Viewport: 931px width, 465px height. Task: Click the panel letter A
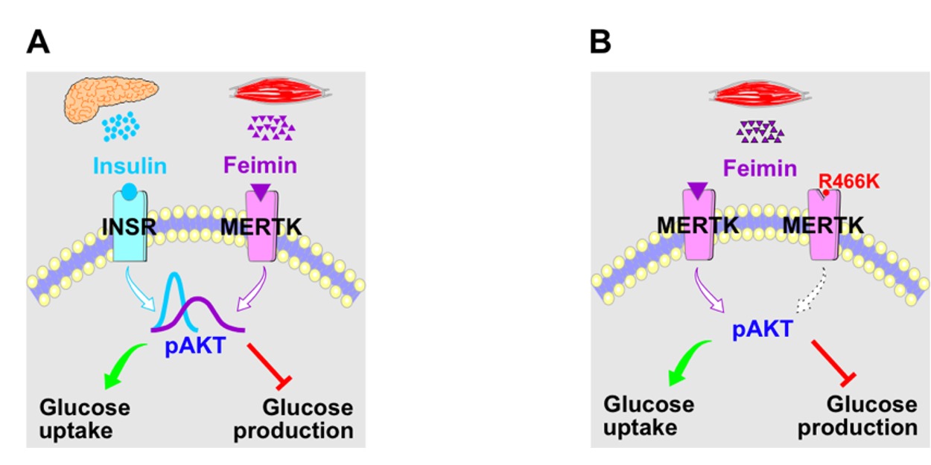click(38, 42)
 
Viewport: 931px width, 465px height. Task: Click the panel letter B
click(600, 42)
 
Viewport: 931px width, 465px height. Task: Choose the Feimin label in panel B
click(760, 168)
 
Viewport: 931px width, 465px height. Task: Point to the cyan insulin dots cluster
click(121, 126)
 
